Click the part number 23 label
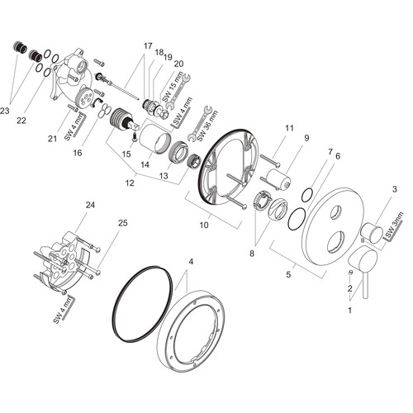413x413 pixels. tap(5, 111)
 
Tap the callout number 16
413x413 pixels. tap(78, 153)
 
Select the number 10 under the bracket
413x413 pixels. tap(204, 225)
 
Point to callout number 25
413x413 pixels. tap(123, 223)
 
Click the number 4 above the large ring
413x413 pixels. tap(191, 262)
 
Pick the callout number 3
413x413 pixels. tap(395, 189)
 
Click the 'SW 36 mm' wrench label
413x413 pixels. tap(207, 125)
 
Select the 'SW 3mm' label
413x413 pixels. tap(394, 225)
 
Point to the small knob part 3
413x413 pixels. tap(372, 233)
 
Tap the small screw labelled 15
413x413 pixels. tap(135, 136)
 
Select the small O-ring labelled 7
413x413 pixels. tap(307, 195)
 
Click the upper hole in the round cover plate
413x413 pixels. tap(336, 212)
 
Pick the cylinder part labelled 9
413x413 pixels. tap(278, 179)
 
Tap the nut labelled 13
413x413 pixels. tap(178, 152)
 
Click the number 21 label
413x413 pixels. tap(52, 139)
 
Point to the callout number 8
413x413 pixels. tap(252, 253)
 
